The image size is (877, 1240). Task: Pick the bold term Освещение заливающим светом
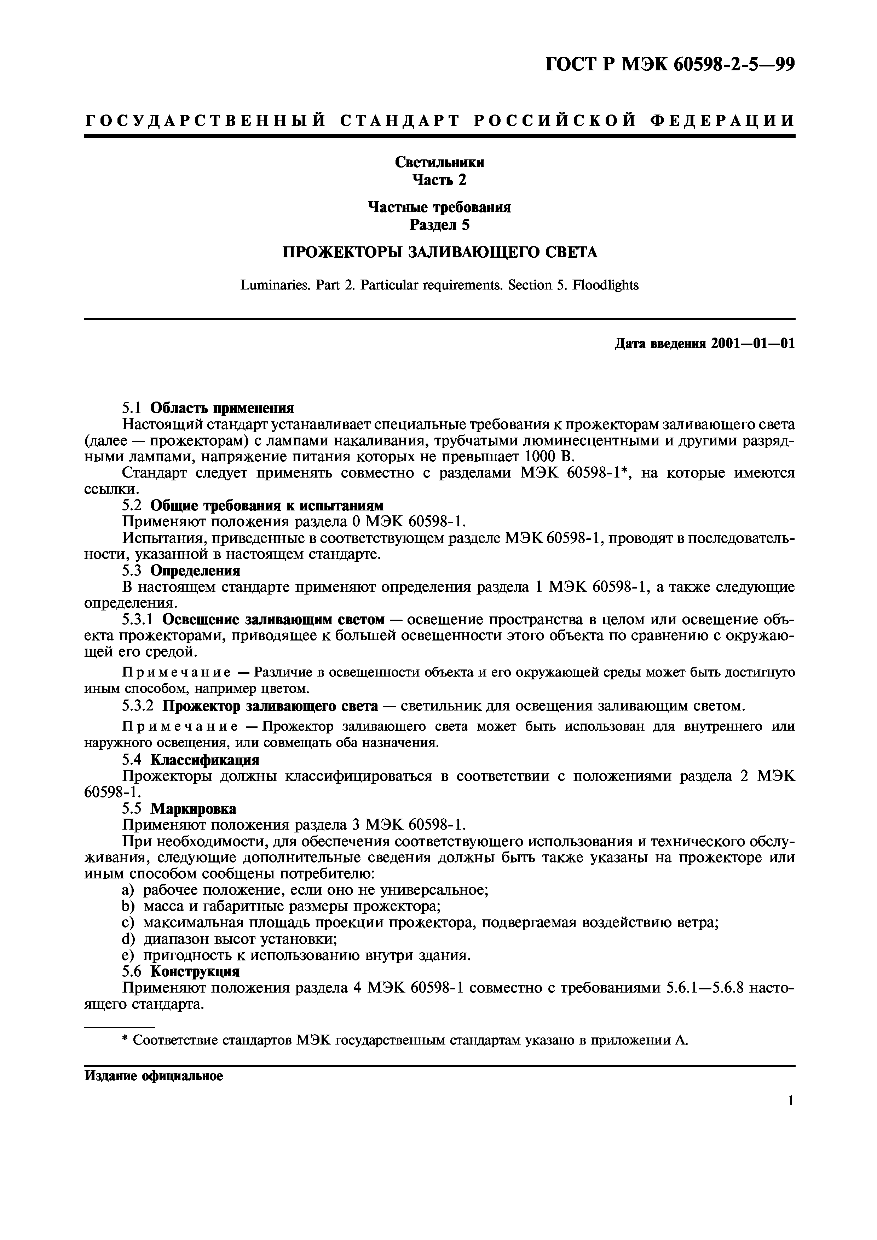pos(273,619)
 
